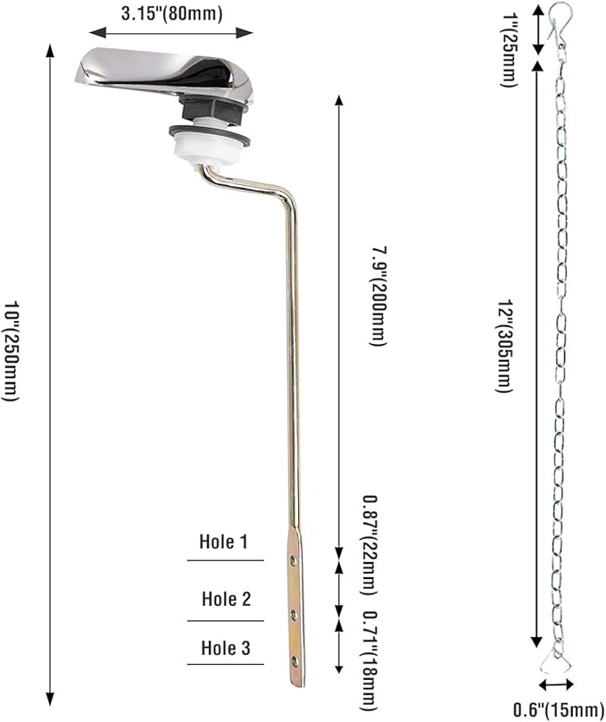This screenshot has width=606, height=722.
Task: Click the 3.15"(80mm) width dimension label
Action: click(x=170, y=13)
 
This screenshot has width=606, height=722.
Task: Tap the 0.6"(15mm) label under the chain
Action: click(x=557, y=709)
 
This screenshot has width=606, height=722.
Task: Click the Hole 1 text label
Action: click(x=224, y=541)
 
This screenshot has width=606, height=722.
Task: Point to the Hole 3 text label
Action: click(x=225, y=648)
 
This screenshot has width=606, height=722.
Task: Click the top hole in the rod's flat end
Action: click(x=295, y=561)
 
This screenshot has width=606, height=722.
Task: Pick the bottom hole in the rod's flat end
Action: click(x=295, y=661)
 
